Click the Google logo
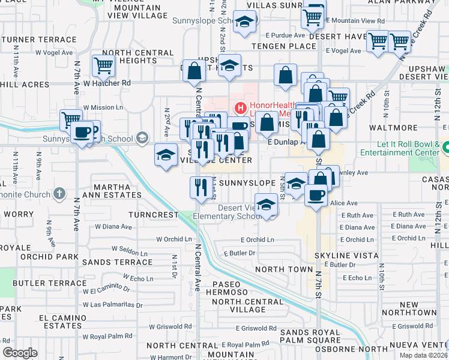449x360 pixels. [x=20, y=352]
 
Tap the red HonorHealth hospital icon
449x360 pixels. [x=241, y=109]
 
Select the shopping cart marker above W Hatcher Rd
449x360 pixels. [x=104, y=66]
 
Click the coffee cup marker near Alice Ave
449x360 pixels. [x=316, y=194]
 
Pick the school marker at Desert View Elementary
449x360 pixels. [x=266, y=205]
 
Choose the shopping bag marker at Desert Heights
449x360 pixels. [x=194, y=71]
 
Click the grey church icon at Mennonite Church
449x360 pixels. [x=58, y=193]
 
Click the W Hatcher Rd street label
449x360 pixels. [x=107, y=83]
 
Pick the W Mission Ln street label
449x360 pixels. [x=103, y=107]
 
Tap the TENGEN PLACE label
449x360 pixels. [x=284, y=46]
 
